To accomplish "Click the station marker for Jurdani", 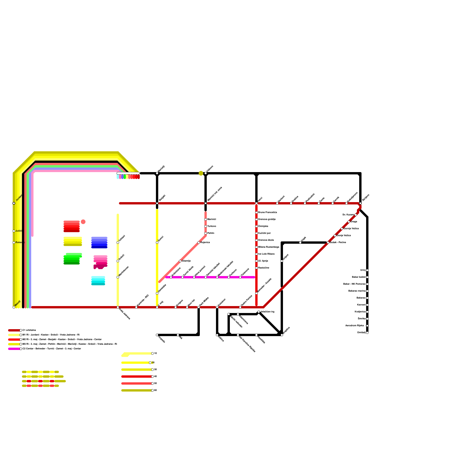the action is coord(14,203).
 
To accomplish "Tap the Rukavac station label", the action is coord(20,243).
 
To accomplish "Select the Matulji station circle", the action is coord(14,307).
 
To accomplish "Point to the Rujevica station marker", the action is coord(199,243).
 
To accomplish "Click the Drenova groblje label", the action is coord(267,219).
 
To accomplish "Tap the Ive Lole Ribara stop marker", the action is coord(256,254).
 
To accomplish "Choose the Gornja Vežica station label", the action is coord(351,229).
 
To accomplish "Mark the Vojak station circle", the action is coord(300,243).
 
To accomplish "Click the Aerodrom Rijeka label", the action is coord(354,326).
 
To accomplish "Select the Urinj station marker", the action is coord(367,270).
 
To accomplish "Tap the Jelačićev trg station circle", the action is coord(259,312).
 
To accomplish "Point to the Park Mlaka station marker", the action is coord(199,307).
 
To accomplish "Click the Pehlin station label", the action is coord(210,233).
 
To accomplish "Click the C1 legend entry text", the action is coord(29,330).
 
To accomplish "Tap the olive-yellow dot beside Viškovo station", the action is coord(201,173).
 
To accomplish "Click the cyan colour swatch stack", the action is coord(98,281).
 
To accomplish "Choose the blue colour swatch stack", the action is coord(99,243).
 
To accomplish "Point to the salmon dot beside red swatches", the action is coord(83,222).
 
